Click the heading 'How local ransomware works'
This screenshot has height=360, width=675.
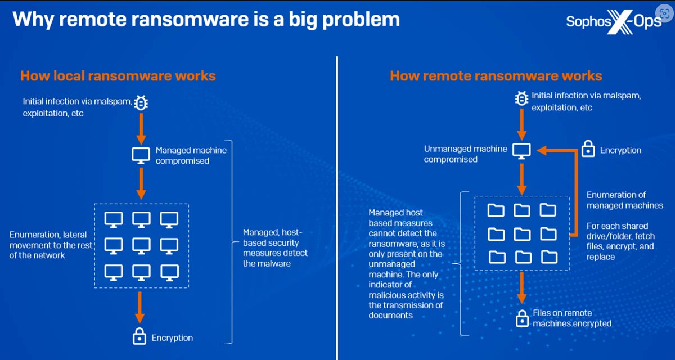point(118,75)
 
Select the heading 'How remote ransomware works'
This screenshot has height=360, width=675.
point(496,75)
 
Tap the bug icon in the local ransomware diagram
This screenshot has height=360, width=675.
point(141,103)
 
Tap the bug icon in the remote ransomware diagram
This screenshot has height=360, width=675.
point(521,98)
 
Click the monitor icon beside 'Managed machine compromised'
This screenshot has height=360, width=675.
point(141,155)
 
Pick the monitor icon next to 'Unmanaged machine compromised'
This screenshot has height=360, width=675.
point(521,151)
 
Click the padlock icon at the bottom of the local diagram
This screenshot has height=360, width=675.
point(139,336)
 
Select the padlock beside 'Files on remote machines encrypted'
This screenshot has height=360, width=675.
point(522,318)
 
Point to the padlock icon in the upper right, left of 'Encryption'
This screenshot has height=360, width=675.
point(588,148)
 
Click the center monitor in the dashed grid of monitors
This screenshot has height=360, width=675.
point(141,246)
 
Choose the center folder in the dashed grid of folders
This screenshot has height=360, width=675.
point(522,234)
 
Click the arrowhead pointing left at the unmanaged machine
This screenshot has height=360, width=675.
point(542,150)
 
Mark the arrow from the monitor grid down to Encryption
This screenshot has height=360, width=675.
point(139,307)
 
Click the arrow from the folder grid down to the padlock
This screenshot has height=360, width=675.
point(522,287)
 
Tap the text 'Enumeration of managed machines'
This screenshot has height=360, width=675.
point(625,200)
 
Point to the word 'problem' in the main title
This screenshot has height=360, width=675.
point(361,20)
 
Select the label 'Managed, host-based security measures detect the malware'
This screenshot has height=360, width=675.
point(275,248)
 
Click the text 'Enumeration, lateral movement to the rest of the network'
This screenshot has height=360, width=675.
point(51,245)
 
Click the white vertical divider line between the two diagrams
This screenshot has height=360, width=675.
point(337,208)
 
